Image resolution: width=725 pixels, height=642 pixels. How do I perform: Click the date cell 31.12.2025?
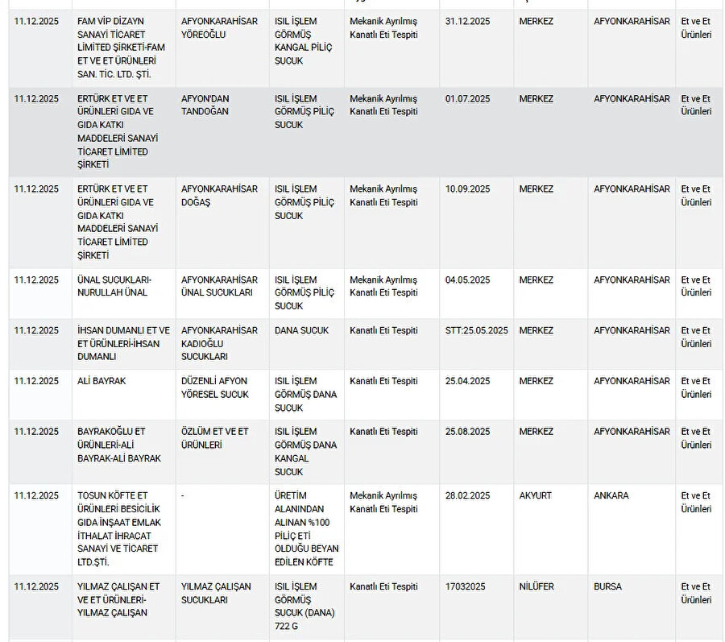[x=467, y=21]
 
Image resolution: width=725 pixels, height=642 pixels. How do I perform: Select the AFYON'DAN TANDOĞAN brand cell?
[x=205, y=105]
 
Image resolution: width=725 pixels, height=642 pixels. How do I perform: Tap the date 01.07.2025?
[x=467, y=99]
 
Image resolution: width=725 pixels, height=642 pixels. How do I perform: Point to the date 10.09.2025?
[x=467, y=189]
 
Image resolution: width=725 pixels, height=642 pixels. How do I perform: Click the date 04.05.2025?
[x=467, y=280]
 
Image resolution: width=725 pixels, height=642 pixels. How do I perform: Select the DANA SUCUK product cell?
[x=301, y=330]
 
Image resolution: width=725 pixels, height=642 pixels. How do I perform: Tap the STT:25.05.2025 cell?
[x=476, y=330]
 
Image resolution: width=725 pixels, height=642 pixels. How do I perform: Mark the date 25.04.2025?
[x=467, y=381]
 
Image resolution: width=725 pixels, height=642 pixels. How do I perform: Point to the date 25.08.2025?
[x=467, y=432]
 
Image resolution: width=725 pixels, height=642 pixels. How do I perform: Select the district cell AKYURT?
[x=536, y=495]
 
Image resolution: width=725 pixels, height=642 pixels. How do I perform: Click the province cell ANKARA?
[x=611, y=495]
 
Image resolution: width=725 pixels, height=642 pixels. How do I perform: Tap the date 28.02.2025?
[x=467, y=495]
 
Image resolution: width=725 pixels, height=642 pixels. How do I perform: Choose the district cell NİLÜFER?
[x=536, y=586]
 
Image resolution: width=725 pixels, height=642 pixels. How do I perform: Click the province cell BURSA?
[x=607, y=586]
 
